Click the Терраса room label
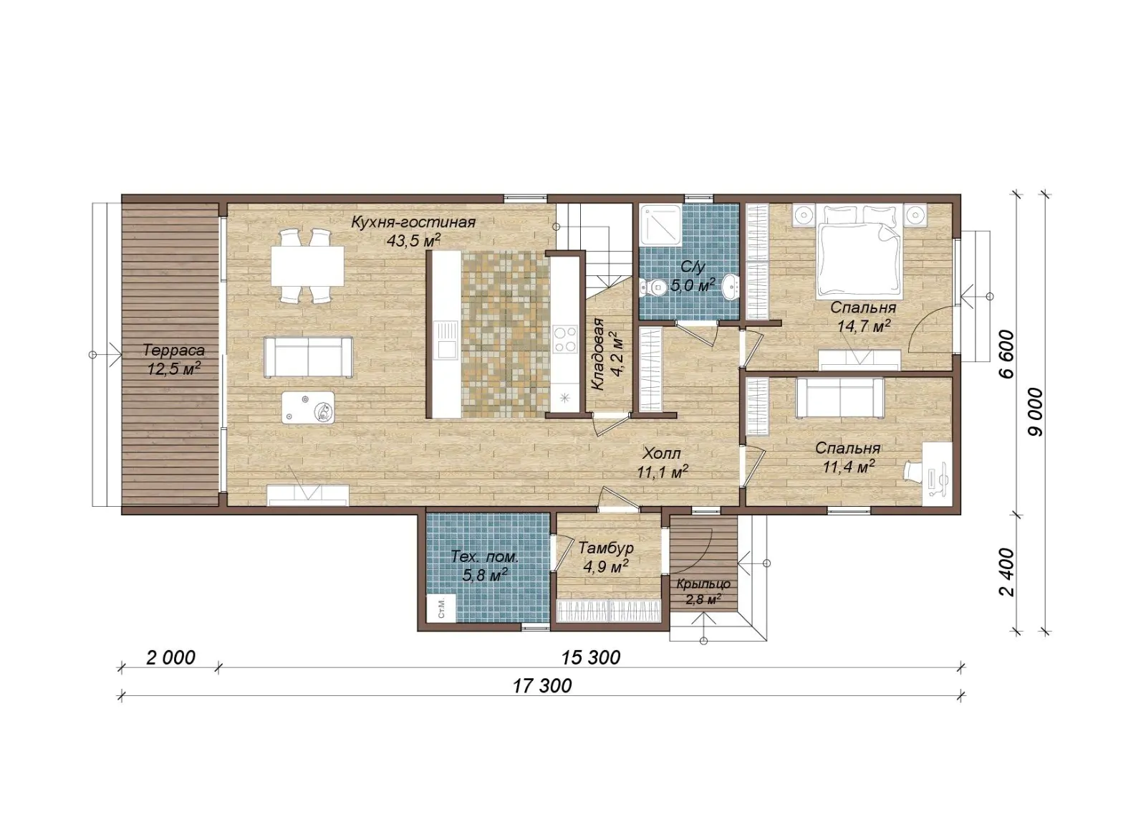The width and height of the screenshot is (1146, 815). tap(174, 351)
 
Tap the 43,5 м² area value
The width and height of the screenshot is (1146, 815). tap(414, 240)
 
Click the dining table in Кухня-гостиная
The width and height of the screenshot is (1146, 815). tap(307, 266)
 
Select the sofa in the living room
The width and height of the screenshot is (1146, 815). tap(309, 357)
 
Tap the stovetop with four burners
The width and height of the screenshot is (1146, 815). tap(565, 339)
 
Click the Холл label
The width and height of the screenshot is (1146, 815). tap(662, 454)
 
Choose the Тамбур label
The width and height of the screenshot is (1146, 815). tap(606, 548)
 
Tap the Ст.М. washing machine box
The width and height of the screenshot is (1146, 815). tap(440, 608)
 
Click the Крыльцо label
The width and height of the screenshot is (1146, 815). tap(703, 584)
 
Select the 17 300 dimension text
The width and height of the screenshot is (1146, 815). tap(541, 685)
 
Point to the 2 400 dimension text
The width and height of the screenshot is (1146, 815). tap(1006, 572)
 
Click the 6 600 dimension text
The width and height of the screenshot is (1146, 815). tap(1006, 354)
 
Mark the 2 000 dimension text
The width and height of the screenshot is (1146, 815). tap(170, 658)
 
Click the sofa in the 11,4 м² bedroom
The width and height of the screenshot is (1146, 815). tap(839, 397)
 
